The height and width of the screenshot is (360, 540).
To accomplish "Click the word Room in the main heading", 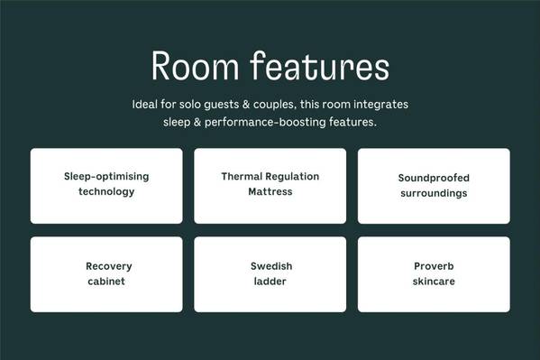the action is (x=195, y=66).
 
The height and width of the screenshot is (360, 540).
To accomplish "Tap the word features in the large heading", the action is (x=320, y=66).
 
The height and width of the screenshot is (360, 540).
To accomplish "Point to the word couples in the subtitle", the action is (x=274, y=105).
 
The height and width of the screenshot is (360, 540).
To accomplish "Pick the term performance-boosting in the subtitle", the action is (x=265, y=123).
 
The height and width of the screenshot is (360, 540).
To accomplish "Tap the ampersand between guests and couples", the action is (x=246, y=104).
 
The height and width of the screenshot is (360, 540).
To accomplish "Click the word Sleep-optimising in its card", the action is (x=106, y=177).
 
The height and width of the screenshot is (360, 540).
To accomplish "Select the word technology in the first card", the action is (x=106, y=191).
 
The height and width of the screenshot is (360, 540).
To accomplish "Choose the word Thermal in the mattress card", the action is (x=242, y=177).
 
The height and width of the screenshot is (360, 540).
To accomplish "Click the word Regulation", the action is (x=292, y=177).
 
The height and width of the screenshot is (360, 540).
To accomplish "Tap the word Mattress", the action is (x=270, y=191).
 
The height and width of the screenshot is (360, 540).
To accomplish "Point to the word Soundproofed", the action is (x=434, y=178).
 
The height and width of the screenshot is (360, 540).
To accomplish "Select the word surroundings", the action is (x=434, y=193).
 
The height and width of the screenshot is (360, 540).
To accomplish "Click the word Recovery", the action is (x=109, y=266).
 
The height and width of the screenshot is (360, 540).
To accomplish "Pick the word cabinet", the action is (x=106, y=282).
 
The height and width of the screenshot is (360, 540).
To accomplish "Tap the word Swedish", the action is (x=271, y=266).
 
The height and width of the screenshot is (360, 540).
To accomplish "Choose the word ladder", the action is (x=270, y=282).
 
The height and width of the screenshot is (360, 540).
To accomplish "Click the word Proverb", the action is (x=434, y=266).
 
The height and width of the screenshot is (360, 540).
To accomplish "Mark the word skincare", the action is (x=434, y=282).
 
